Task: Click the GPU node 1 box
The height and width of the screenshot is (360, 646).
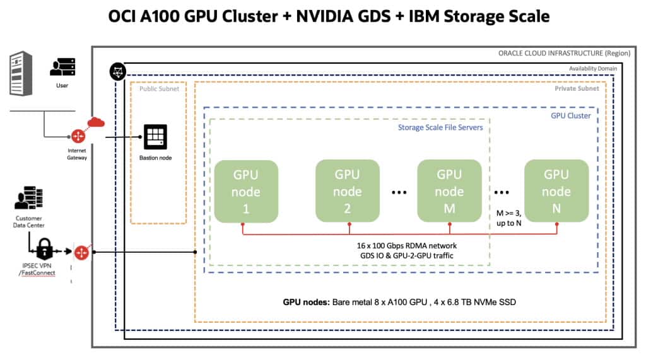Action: [x=246, y=191]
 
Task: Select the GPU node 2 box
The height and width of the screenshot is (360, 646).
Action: [x=347, y=191]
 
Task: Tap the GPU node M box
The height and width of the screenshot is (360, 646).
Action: [x=449, y=191]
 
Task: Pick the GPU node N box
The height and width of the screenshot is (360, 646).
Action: [x=556, y=191]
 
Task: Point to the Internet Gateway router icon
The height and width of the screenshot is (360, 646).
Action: [x=79, y=136]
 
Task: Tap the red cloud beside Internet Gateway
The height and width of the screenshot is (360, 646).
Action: [x=96, y=123]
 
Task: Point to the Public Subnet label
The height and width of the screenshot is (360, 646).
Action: [x=159, y=89]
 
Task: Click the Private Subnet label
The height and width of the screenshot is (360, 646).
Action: [x=577, y=89]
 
